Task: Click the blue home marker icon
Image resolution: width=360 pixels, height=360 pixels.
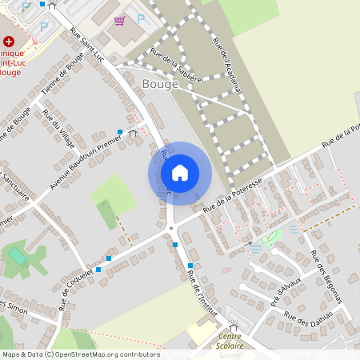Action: [x=180, y=173]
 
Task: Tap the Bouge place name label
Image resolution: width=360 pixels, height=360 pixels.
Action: [x=158, y=83]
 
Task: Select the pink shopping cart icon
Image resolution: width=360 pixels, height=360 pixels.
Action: [x=119, y=20]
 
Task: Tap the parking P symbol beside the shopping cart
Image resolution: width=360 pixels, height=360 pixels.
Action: [x=141, y=18]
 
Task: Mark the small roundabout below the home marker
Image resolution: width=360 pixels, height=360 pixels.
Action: [x=170, y=230]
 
